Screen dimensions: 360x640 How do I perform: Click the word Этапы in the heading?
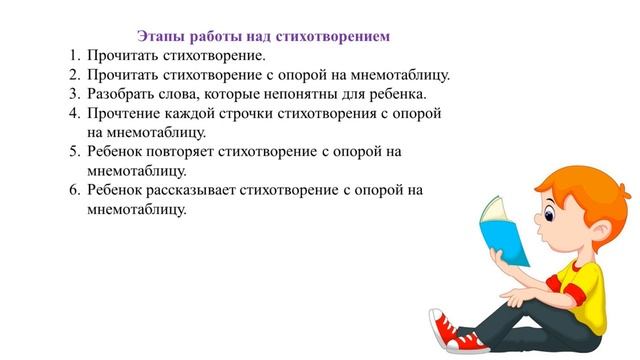pos(161,36)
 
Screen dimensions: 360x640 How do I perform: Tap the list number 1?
pos(73,55)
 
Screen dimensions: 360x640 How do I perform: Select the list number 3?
pos(73,94)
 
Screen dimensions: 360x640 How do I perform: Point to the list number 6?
pos(73,190)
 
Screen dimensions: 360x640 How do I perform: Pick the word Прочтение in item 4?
pos(124,113)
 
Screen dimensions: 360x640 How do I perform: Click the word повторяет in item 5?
pos(196,152)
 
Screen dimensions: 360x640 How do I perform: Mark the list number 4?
pos(73,113)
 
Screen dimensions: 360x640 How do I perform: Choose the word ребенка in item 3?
pos(396,94)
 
